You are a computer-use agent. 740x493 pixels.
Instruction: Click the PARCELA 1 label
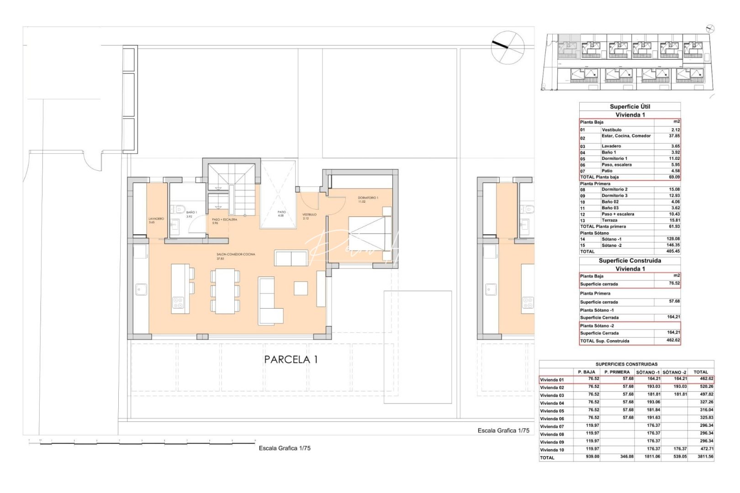291,360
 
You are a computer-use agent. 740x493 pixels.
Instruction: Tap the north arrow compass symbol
507,47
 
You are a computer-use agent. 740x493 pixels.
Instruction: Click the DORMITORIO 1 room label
368,198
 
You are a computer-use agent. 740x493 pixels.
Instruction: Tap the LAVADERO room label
156,219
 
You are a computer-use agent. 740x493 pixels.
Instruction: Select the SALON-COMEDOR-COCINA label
236,254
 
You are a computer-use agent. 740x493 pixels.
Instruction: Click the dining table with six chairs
225,291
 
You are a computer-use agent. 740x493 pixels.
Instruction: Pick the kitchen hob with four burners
177,303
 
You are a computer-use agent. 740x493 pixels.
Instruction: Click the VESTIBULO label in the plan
309,215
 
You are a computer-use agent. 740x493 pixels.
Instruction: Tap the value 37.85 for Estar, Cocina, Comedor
674,136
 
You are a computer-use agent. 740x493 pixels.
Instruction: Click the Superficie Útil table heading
630,106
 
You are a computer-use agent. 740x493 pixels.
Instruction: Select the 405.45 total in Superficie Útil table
673,252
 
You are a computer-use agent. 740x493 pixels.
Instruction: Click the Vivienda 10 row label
552,450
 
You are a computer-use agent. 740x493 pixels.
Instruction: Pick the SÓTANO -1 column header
648,372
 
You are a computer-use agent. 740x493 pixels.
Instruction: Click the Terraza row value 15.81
674,220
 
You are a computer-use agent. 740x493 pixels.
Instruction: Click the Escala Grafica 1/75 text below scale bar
285,448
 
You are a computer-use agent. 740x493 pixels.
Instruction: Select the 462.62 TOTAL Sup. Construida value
673,341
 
